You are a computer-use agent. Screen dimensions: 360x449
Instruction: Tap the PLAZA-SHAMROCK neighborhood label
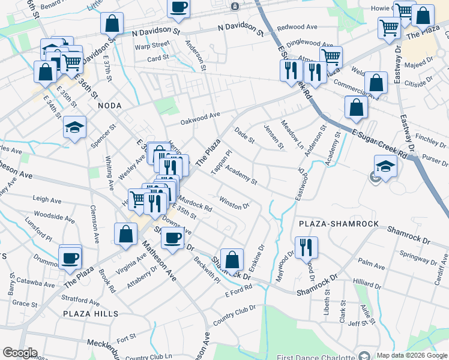(339, 224)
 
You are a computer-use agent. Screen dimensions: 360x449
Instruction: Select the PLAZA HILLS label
(90, 313)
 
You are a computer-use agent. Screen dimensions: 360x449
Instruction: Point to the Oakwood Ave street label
(201, 119)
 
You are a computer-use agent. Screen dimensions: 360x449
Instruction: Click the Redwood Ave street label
(297, 27)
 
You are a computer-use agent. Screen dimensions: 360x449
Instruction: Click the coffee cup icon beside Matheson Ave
(172, 238)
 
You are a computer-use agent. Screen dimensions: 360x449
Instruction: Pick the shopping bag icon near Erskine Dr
(232, 260)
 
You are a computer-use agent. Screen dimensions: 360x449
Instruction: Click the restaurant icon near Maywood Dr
(306, 247)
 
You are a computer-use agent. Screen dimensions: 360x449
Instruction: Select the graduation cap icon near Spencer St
(74, 128)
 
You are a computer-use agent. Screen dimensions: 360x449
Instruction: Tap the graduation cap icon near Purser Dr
(385, 167)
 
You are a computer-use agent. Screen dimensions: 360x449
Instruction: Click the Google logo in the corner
(20, 353)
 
